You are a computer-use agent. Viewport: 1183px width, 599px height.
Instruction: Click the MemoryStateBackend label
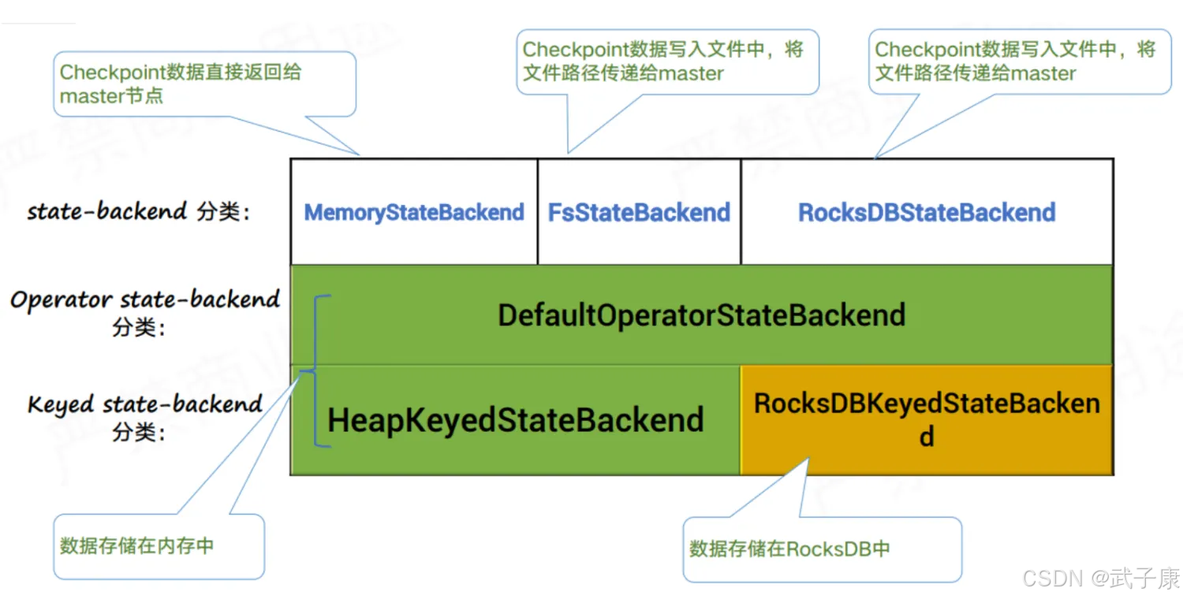pos(414,213)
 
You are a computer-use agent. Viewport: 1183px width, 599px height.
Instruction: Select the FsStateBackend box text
pos(639,213)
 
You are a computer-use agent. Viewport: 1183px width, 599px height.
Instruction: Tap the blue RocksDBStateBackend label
pos(927,213)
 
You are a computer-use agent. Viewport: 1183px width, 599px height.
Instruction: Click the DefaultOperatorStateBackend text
pos(701,315)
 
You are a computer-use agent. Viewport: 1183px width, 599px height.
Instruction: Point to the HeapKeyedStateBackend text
pos(516,420)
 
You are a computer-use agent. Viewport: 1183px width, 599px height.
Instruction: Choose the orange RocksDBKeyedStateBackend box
pos(927,419)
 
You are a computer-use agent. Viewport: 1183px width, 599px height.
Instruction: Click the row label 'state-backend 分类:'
pos(139,212)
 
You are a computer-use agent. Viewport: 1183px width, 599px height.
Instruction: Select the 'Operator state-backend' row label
pos(145,300)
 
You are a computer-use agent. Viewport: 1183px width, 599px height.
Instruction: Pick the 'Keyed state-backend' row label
pos(145,405)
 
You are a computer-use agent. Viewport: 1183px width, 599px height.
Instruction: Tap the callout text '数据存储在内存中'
pos(137,545)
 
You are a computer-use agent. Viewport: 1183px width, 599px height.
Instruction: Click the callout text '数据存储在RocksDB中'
pos(789,549)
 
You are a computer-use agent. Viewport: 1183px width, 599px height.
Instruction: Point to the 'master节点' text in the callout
pos(111,96)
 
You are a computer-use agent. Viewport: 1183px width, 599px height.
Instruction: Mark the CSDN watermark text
pos(1052,579)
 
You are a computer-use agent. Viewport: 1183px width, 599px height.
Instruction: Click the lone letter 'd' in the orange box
pos(927,436)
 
